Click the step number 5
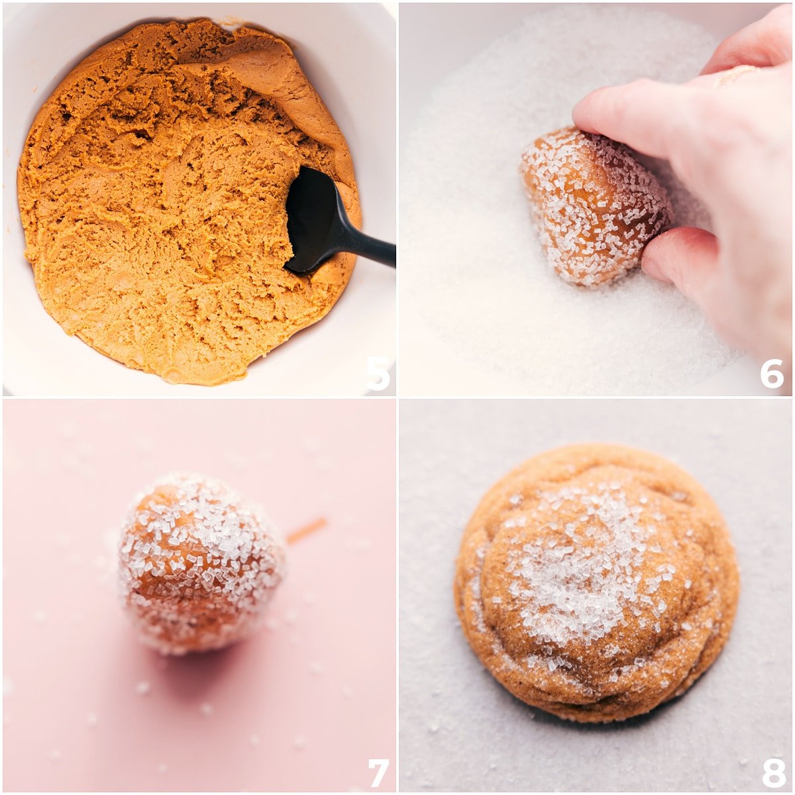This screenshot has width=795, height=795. (378, 374)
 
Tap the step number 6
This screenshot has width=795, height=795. (772, 374)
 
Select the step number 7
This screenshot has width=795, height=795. (378, 772)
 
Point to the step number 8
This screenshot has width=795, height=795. (772, 772)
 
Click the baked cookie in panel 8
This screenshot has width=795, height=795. (596, 583)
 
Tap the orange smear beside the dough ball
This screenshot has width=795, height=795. (306, 530)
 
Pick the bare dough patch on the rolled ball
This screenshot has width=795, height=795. (159, 583)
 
